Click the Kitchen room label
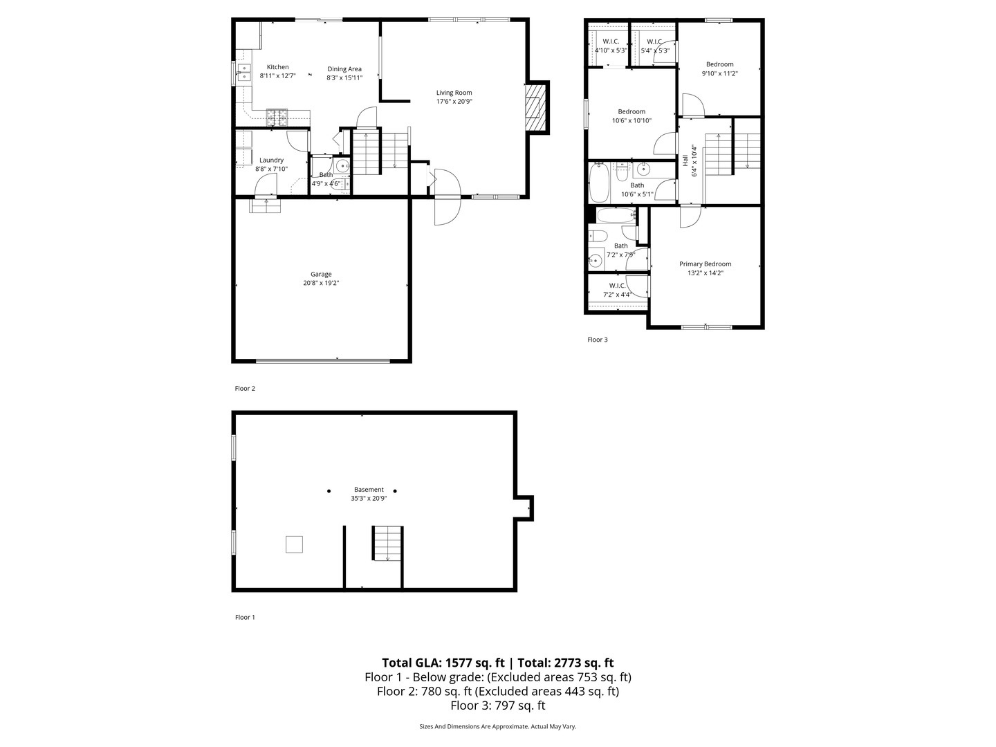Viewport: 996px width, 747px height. tap(277, 67)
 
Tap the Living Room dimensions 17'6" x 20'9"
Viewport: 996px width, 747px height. tap(454, 102)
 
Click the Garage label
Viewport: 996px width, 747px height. tap(321, 274)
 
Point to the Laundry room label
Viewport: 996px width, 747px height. tap(271, 160)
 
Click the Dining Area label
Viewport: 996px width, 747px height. tap(344, 68)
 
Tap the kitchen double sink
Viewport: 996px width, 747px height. tap(243, 72)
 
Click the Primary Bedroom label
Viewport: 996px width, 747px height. tap(705, 264)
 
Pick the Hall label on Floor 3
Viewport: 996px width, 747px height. tap(685, 160)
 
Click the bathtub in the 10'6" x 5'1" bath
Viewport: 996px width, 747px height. tap(598, 183)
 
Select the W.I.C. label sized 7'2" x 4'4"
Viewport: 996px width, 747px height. tap(617, 286)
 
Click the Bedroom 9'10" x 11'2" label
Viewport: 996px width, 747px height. tap(719, 64)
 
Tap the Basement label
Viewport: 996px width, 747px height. tap(369, 489)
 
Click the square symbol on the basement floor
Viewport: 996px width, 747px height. tap(294, 544)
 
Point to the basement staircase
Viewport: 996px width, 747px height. tap(387, 543)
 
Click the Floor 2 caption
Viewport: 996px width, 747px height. tap(245, 389)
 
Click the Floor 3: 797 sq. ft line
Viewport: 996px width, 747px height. tap(497, 705)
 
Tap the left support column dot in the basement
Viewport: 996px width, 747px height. tap(329, 491)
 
